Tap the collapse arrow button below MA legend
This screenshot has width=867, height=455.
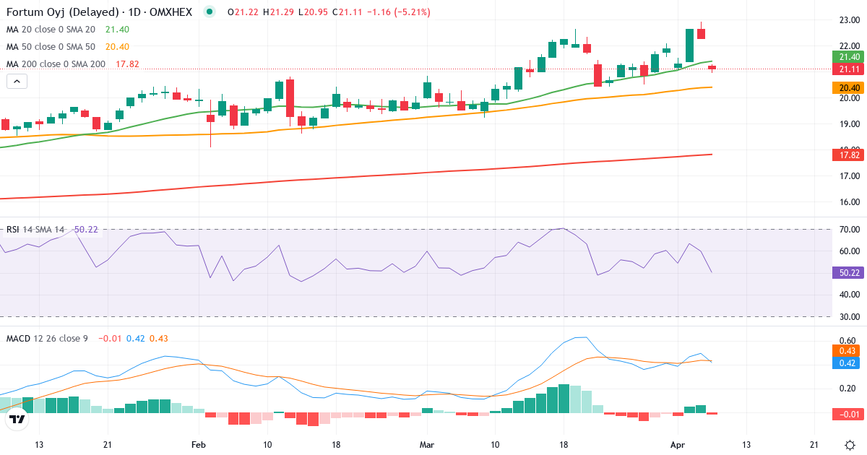pyautogui.click(x=17, y=81)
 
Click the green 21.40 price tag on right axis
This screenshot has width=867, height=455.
pyautogui.click(x=848, y=57)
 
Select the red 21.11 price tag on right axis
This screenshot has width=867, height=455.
pyautogui.click(x=848, y=69)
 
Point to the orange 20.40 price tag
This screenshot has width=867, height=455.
pyautogui.click(x=848, y=87)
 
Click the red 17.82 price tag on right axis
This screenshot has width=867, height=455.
pyautogui.click(x=848, y=155)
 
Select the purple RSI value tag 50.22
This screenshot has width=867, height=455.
pyautogui.click(x=848, y=273)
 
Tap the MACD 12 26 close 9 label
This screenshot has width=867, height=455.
pyautogui.click(x=47, y=338)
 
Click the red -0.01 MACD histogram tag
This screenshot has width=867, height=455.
pyautogui.click(x=848, y=414)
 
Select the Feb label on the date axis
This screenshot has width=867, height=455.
pyautogui.click(x=199, y=444)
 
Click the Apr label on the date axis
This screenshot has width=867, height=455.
pyautogui.click(x=678, y=444)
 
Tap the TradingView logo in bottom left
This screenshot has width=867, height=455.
pyautogui.click(x=17, y=419)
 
